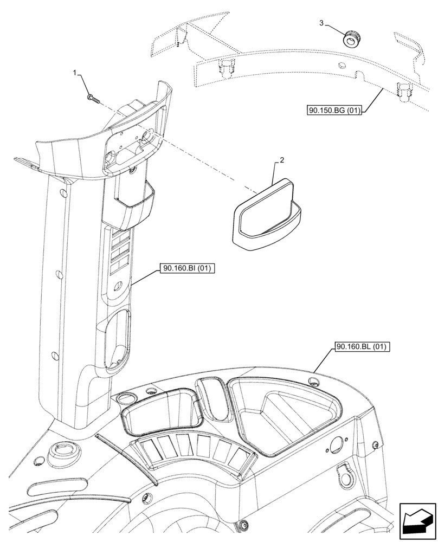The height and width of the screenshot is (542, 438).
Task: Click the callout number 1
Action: [76, 72]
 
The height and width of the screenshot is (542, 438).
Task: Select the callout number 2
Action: [282, 161]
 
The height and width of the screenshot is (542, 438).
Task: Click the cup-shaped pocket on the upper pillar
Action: [133, 206]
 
